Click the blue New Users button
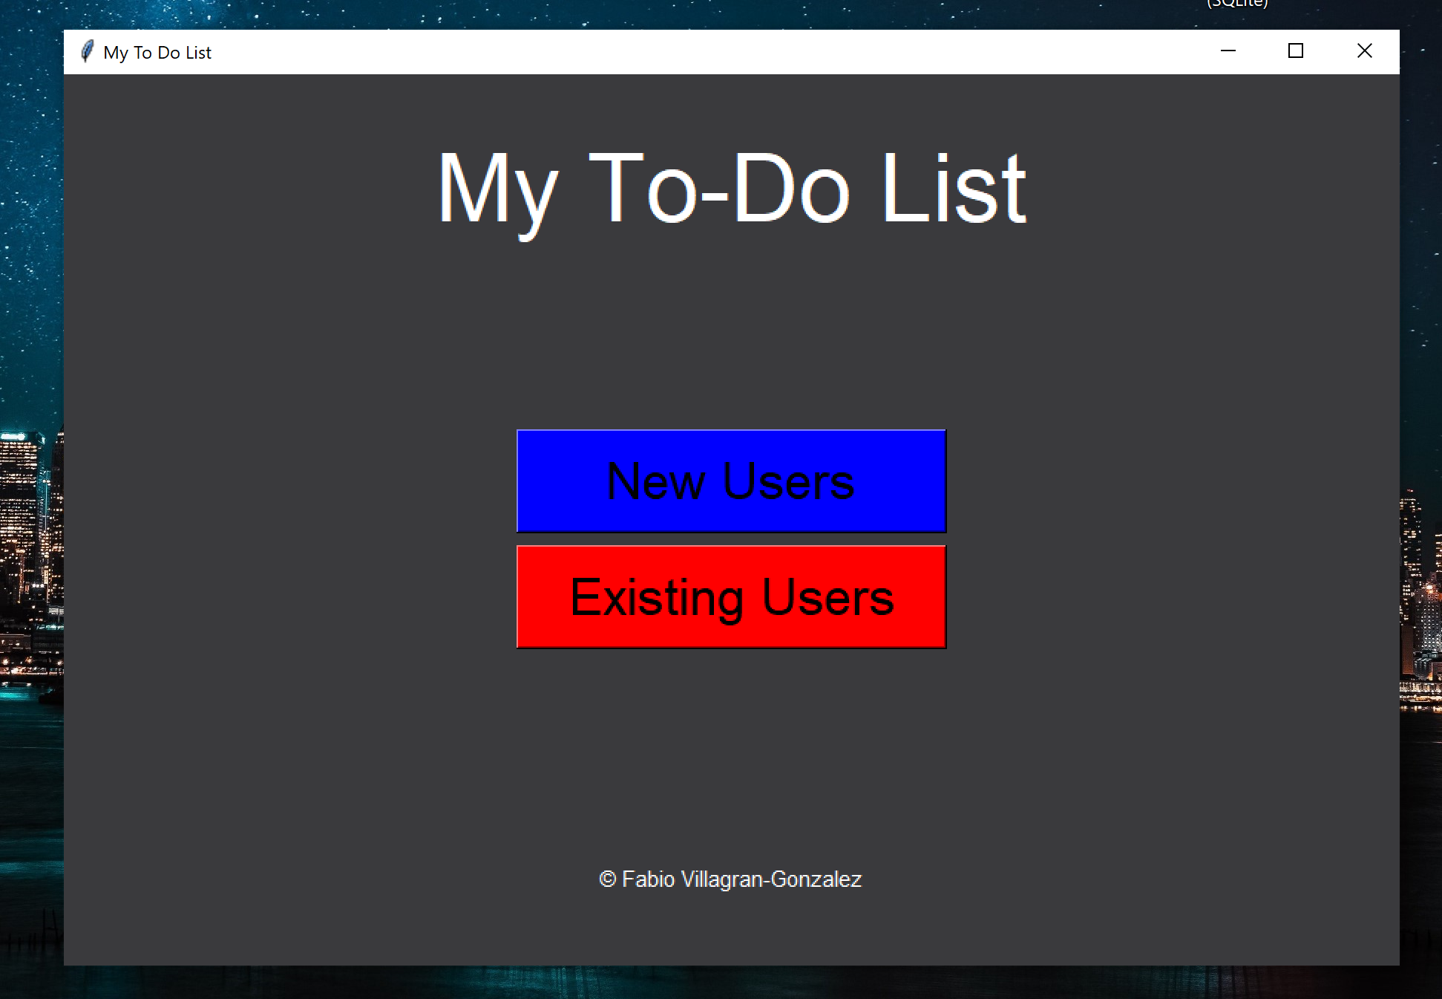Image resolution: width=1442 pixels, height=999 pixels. click(x=731, y=481)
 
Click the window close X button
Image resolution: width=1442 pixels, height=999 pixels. click(x=1364, y=51)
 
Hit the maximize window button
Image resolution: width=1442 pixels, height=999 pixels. click(x=1296, y=51)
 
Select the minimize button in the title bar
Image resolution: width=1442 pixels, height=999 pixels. click(x=1228, y=51)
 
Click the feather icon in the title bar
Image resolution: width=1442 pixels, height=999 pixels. click(x=88, y=51)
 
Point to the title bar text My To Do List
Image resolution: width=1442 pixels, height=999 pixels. click(x=157, y=53)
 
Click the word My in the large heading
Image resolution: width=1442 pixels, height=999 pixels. click(x=496, y=190)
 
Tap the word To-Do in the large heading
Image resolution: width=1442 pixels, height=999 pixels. click(x=718, y=189)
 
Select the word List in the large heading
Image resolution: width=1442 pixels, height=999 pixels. click(x=954, y=189)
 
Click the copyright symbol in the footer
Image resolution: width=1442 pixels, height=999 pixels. click(x=607, y=879)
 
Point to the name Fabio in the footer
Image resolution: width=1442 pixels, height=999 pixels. click(x=648, y=879)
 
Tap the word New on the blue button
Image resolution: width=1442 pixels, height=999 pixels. click(x=655, y=481)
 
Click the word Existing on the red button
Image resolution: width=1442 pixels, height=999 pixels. click(x=656, y=598)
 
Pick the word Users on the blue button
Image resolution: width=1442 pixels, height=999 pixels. click(x=788, y=481)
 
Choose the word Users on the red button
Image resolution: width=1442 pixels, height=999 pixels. click(x=827, y=598)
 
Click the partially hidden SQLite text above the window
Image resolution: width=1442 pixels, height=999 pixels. click(x=1237, y=4)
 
